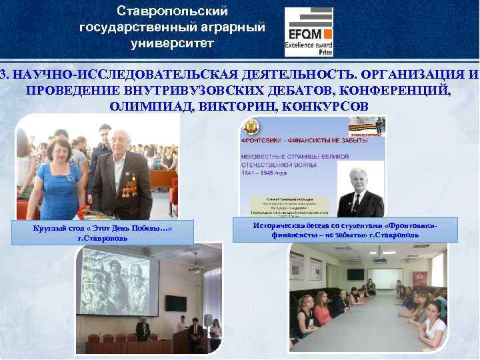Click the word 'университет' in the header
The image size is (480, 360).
[x=172, y=43]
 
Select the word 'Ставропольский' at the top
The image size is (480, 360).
[x=172, y=11]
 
